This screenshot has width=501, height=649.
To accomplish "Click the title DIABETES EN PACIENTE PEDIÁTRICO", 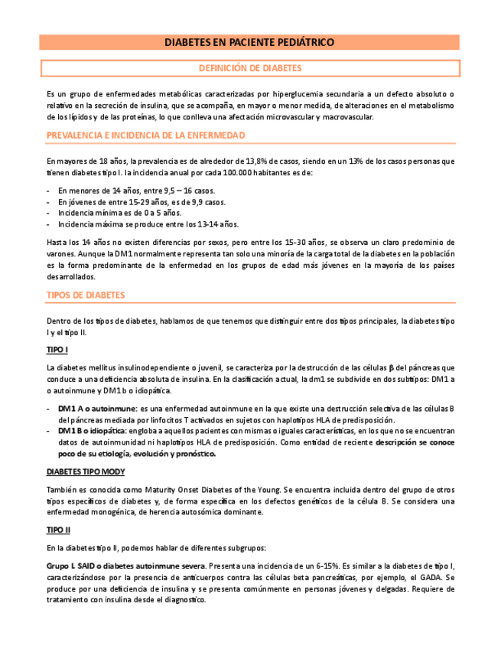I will tap(249, 43).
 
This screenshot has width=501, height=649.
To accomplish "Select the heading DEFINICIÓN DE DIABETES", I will tap(250, 68).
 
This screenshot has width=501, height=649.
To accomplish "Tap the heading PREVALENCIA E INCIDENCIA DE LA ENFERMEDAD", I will tap(145, 135).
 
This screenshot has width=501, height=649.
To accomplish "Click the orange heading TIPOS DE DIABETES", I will tap(86, 295).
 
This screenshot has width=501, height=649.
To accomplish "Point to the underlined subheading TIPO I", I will tap(57, 350).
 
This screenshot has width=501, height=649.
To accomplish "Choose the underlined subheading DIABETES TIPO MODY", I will tap(86, 471).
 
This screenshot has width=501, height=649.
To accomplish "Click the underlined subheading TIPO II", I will tap(59, 529).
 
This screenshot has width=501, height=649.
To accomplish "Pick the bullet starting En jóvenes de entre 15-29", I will tap(142, 201).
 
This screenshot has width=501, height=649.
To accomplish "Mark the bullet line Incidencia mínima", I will tap(119, 213).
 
